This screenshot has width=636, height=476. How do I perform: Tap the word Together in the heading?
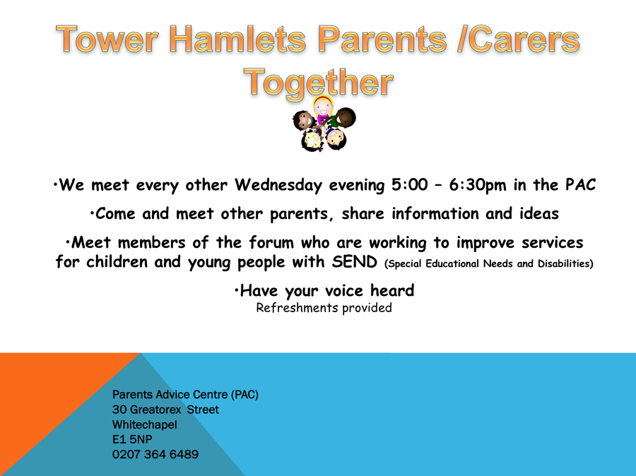[319, 83]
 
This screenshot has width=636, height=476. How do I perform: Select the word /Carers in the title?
[519, 40]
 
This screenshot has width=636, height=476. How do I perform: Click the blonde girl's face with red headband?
[323, 106]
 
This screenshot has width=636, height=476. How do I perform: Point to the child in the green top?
[342, 117]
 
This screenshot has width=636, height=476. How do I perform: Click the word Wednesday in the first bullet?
[278, 185]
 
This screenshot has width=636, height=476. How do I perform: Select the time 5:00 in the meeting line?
[410, 185]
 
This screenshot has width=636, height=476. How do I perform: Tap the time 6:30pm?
[478, 185]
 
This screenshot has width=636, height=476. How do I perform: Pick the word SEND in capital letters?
[355, 262]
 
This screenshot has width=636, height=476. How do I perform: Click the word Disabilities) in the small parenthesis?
[565, 263]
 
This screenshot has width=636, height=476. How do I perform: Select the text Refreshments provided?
[324, 308]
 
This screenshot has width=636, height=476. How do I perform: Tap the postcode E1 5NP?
[132, 439]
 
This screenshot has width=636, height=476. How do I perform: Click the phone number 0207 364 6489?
[155, 454]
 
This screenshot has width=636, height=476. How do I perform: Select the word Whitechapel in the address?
[144, 424]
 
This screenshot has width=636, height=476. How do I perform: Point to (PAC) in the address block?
[245, 395]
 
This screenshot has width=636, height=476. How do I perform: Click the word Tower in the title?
[107, 40]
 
